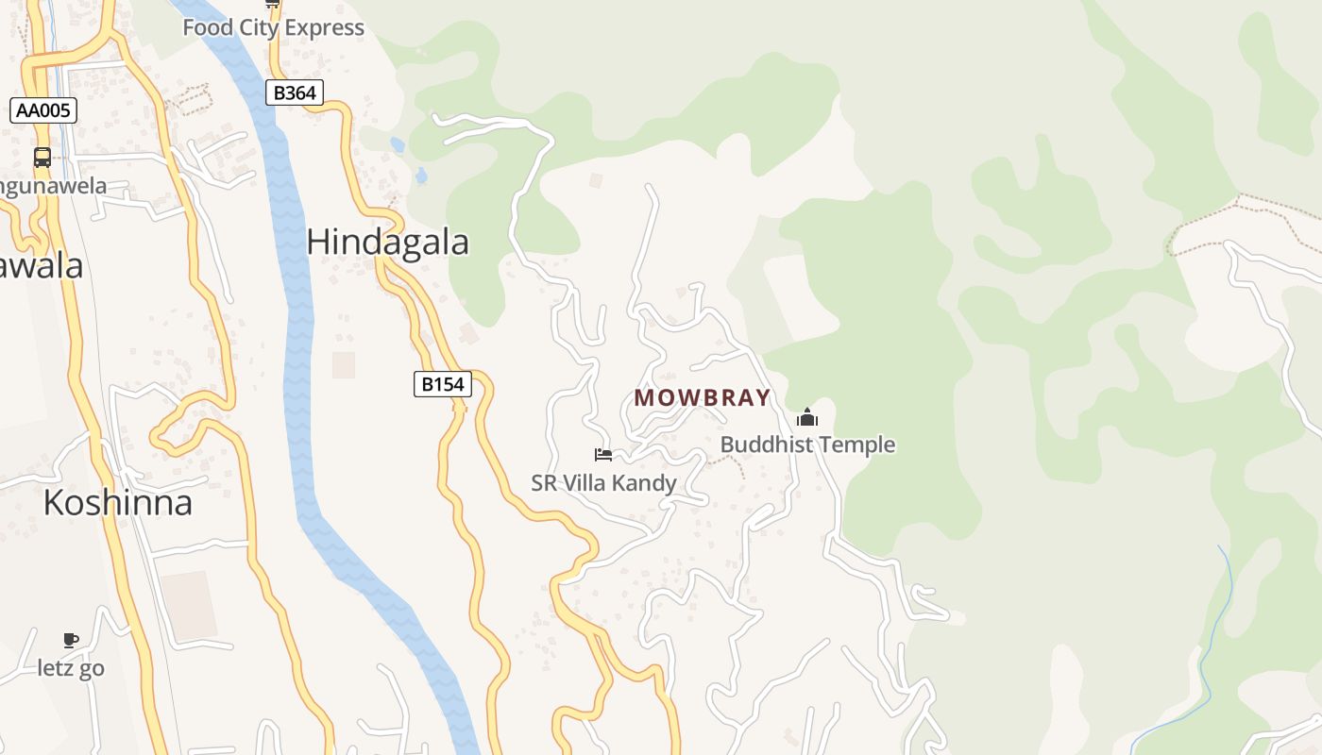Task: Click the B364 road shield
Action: click(x=296, y=92)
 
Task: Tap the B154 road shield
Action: click(x=442, y=384)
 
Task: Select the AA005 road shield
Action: click(x=43, y=110)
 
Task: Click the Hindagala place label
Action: click(x=387, y=243)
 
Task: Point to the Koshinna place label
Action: click(x=117, y=503)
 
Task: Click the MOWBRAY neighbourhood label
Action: click(x=702, y=398)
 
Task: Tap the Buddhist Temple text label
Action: click(x=807, y=445)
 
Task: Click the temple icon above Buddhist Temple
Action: click(x=807, y=417)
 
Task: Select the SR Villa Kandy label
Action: click(x=603, y=483)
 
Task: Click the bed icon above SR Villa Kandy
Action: click(x=603, y=455)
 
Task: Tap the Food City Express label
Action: click(x=273, y=27)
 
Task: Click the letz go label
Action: click(x=71, y=668)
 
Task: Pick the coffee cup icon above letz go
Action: click(x=71, y=641)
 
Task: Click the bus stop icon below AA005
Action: click(x=42, y=158)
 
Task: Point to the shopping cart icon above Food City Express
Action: click(x=273, y=4)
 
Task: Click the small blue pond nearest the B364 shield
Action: click(x=398, y=145)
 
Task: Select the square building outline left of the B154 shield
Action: click(x=343, y=365)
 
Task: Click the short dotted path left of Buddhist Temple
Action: click(x=727, y=461)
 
